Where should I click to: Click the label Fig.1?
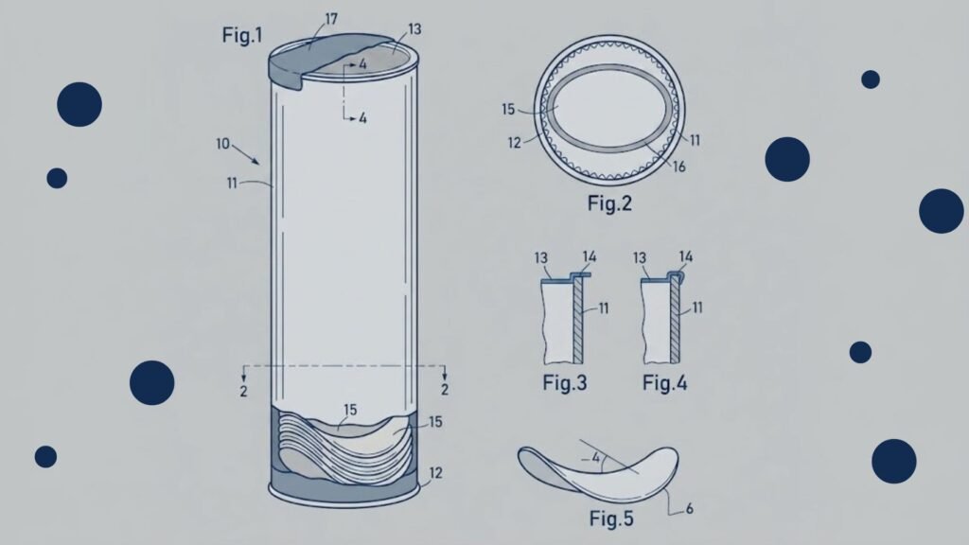point(242,35)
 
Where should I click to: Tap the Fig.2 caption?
point(609,203)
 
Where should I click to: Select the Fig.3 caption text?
point(565,383)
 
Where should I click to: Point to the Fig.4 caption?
point(665,383)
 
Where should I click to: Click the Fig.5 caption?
point(611,518)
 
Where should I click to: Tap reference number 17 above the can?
point(331,19)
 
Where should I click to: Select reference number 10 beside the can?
point(222,144)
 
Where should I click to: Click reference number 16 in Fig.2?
point(679,167)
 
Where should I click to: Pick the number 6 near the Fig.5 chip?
point(689,508)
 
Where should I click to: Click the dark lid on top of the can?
point(322,59)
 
